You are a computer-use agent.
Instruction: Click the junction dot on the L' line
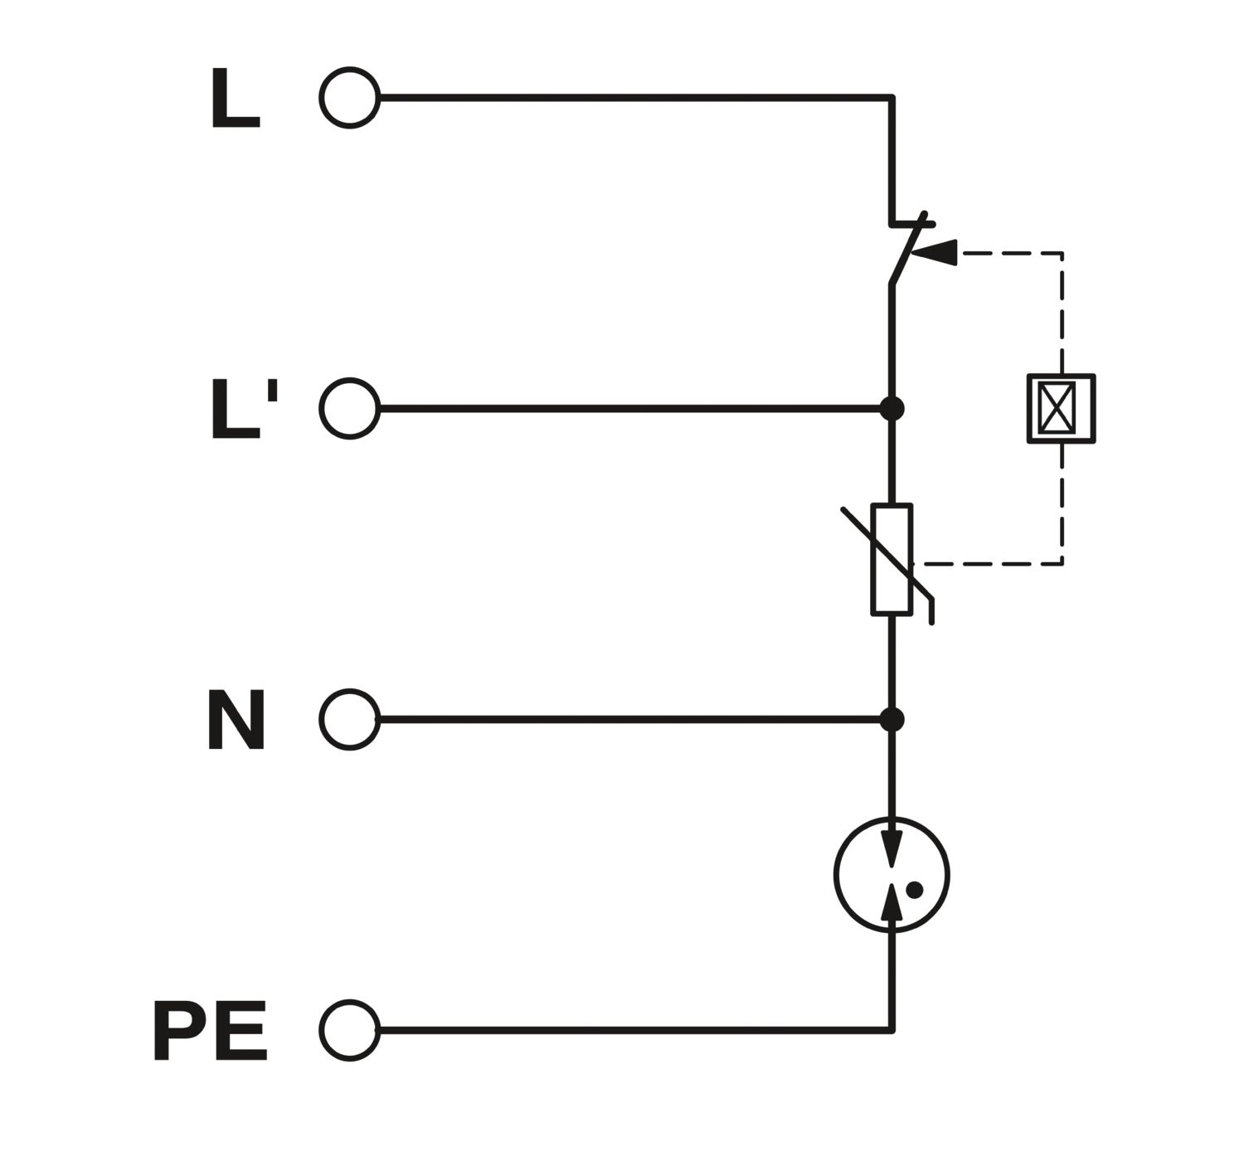tap(892, 409)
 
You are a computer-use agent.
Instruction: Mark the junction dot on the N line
tap(892, 719)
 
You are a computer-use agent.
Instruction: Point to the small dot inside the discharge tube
tap(915, 890)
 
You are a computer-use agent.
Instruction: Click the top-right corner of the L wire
tap(892, 98)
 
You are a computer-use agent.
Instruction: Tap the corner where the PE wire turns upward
tap(892, 1030)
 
